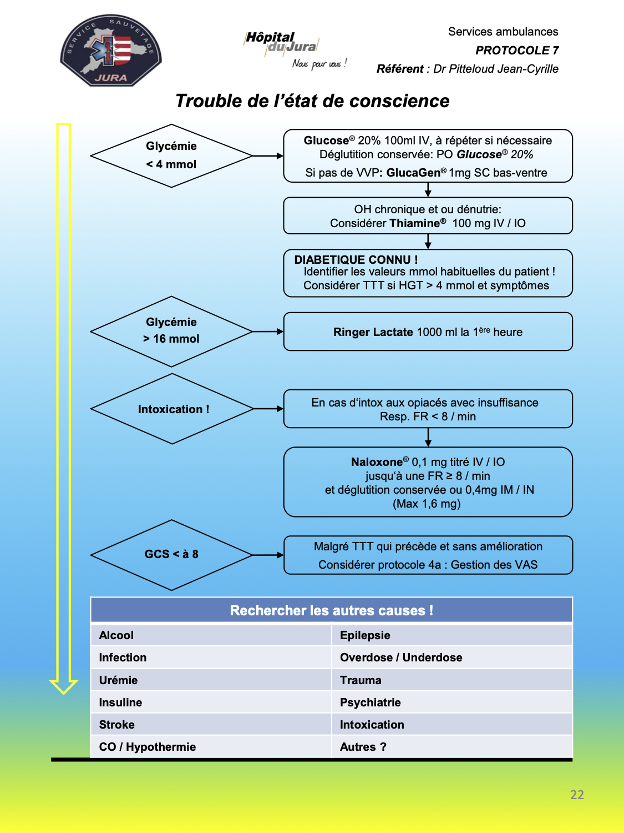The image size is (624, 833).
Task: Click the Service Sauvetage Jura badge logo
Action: (x=110, y=51)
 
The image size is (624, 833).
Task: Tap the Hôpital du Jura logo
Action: (x=295, y=50)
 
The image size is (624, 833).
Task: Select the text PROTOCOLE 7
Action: (x=517, y=50)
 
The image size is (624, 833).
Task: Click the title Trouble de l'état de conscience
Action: (x=312, y=101)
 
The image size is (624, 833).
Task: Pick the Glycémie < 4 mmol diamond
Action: (x=171, y=155)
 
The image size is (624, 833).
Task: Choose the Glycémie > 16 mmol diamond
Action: (x=171, y=332)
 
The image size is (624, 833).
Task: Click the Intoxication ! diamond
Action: (x=172, y=409)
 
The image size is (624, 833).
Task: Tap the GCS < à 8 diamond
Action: (x=171, y=555)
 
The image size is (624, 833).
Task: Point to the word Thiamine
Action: (x=415, y=223)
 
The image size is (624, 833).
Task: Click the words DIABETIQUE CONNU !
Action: (x=356, y=259)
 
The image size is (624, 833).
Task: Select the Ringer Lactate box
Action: (x=428, y=332)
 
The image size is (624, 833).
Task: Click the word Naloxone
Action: (x=377, y=462)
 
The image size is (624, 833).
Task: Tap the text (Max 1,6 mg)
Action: (x=427, y=504)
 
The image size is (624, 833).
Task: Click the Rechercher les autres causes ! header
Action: (x=332, y=610)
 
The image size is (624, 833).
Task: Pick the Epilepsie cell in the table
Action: (x=452, y=635)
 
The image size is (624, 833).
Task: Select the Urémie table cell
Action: (x=211, y=680)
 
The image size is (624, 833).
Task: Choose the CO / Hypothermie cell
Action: (x=211, y=746)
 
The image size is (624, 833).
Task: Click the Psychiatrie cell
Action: (x=452, y=702)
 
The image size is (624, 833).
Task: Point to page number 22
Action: (x=577, y=794)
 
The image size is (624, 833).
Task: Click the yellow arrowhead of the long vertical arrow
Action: (x=63, y=687)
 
